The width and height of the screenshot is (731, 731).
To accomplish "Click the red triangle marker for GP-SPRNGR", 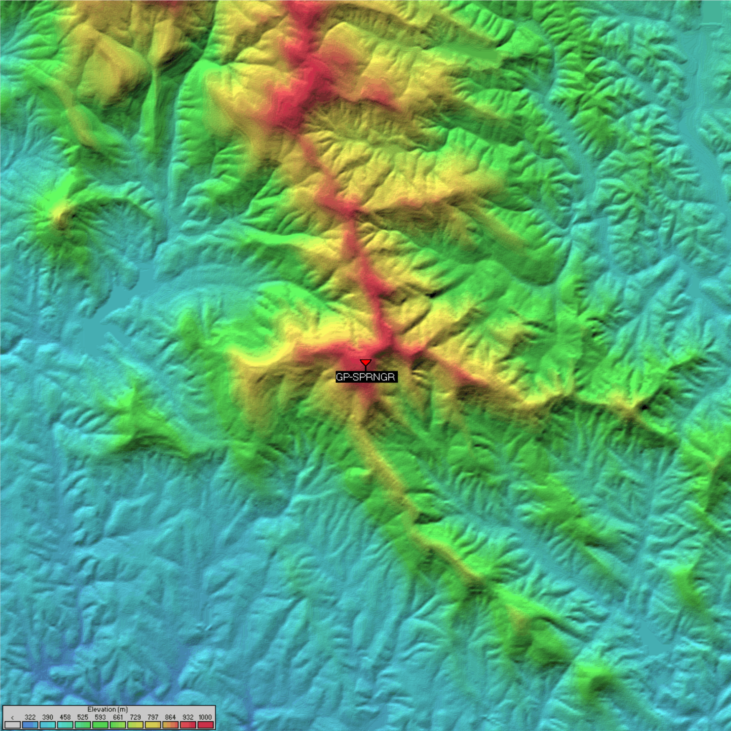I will tap(365, 362).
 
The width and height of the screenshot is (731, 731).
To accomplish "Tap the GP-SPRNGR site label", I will tap(366, 377).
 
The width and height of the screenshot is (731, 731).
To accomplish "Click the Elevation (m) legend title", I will tap(108, 709).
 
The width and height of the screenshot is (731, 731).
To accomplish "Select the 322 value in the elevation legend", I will tap(30, 717).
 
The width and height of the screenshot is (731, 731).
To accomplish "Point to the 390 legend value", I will tap(48, 717).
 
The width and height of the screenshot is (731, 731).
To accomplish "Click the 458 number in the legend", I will tap(65, 717).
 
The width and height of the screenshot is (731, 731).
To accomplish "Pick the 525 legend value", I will tap(83, 717).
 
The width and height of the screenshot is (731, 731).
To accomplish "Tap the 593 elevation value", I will tap(100, 717).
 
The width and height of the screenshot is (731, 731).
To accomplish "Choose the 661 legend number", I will tap(118, 717).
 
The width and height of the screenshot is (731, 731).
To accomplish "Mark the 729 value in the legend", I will tap(135, 717).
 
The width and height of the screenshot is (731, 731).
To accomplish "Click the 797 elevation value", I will tap(153, 717).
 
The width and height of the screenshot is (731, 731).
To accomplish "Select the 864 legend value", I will tap(170, 717).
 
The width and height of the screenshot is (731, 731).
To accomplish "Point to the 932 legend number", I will tap(188, 717).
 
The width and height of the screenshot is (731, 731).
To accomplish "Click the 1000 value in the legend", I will tap(205, 717).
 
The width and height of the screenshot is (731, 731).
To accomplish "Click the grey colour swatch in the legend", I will tap(13, 725).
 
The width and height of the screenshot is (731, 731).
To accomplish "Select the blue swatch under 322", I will tap(30, 725).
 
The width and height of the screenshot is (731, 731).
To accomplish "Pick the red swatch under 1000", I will tap(205, 725).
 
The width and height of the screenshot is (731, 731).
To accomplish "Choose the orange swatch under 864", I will tap(170, 725).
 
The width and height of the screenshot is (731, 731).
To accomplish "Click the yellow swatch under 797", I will tap(153, 725).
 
